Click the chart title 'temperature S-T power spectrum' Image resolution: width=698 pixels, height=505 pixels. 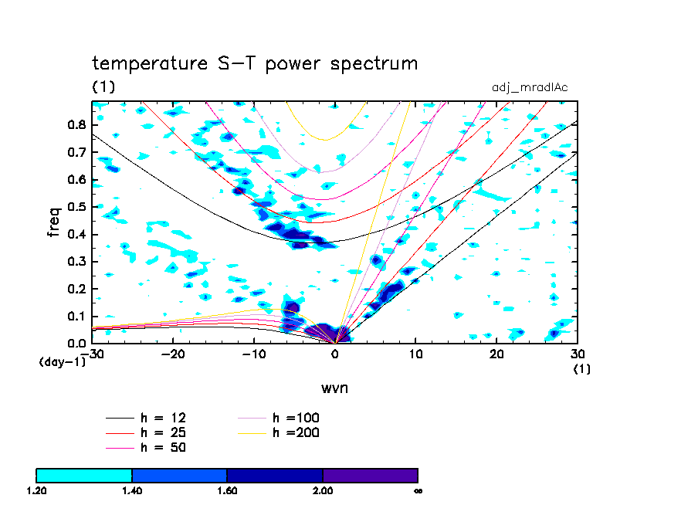(x=255, y=63)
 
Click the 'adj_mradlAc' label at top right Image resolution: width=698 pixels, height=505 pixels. (x=530, y=87)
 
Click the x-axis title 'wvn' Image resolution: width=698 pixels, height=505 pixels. (x=334, y=387)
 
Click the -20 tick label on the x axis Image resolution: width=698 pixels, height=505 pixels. (x=171, y=354)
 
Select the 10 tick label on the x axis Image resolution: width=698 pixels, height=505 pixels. (x=415, y=354)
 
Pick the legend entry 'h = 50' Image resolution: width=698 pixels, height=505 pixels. (x=162, y=447)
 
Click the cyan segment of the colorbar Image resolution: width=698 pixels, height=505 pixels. (x=84, y=475)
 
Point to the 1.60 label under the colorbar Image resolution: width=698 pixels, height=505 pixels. (x=227, y=490)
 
